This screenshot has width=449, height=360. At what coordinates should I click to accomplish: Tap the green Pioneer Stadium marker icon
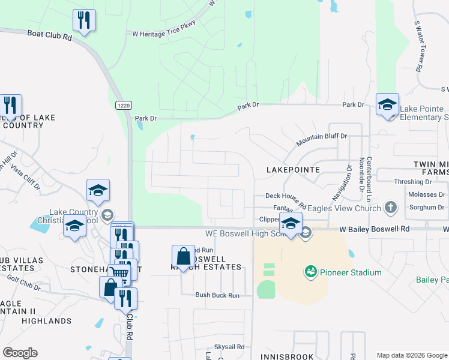click(310, 272)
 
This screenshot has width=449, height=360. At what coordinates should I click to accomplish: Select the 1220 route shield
click(123, 105)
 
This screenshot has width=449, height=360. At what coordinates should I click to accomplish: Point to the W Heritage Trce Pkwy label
click(164, 32)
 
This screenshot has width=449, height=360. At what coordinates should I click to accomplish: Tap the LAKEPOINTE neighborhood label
click(293, 170)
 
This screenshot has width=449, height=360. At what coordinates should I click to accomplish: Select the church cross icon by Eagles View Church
click(391, 208)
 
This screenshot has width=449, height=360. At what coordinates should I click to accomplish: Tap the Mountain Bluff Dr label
click(322, 140)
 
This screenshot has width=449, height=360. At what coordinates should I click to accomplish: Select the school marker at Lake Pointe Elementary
click(387, 104)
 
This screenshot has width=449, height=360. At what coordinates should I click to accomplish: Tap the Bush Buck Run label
click(217, 295)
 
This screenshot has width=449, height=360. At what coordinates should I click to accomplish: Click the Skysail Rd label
click(229, 347)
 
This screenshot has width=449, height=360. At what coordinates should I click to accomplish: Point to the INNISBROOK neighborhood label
click(287, 356)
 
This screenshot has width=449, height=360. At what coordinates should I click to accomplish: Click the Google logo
click(20, 353)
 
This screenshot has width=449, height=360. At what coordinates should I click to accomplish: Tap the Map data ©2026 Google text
click(412, 355)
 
